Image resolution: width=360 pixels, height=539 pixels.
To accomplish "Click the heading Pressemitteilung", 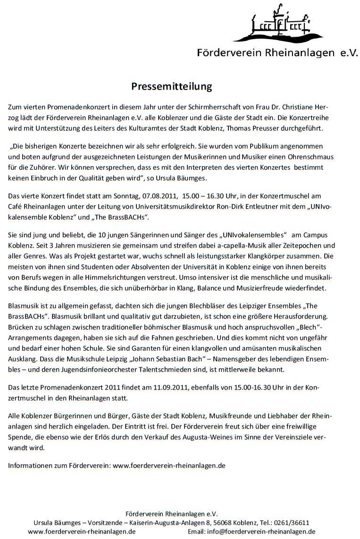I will point(171,86).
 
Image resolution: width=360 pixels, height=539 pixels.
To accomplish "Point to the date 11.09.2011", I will point(170,388).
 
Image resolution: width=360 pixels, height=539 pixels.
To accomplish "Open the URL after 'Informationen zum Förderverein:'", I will point(169,465).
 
